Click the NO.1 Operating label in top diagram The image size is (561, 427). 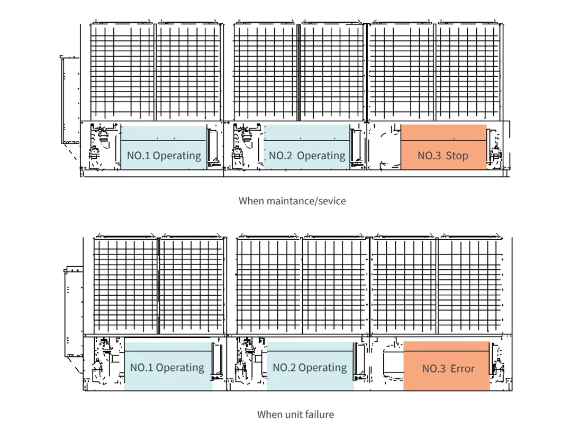coord(164,156)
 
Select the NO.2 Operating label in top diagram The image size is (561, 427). coord(307,156)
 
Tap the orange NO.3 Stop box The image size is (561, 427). coord(443,147)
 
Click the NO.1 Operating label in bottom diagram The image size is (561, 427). coord(167,367)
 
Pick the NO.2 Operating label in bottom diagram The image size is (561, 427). coord(310,367)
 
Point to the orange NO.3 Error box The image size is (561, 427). coord(447,366)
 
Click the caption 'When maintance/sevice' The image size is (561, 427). coord(292,201)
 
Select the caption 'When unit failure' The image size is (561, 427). coord(295,414)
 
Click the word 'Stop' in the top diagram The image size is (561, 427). coord(457,156)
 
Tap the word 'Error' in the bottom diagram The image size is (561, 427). coord(462,369)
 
